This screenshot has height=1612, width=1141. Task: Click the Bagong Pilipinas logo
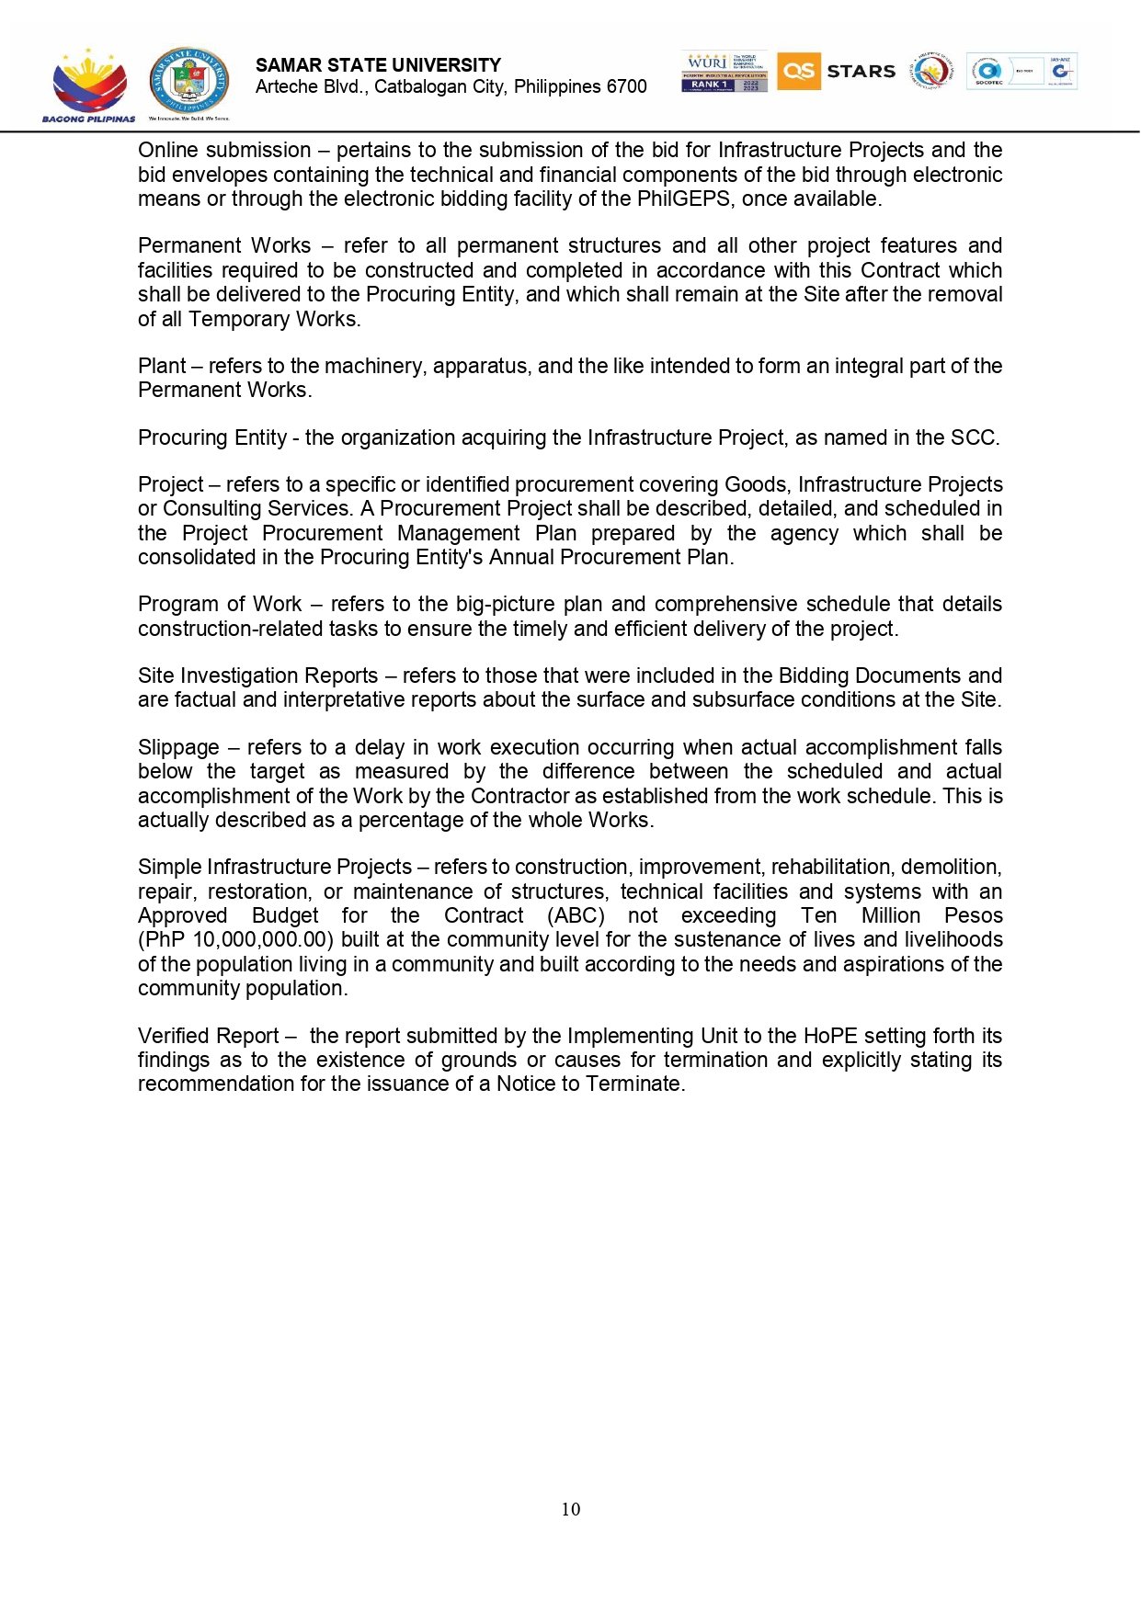pyautogui.click(x=88, y=85)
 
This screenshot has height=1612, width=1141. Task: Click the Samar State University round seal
pyautogui.click(x=189, y=83)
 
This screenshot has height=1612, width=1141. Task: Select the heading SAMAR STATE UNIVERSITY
pyautogui.click(x=378, y=65)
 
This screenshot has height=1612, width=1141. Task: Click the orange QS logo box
pyautogui.click(x=798, y=71)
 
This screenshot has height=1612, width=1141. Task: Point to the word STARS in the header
pyautogui.click(x=861, y=72)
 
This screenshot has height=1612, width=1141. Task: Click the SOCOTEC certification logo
pyautogui.click(x=988, y=72)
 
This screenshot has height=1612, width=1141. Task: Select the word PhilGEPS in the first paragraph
pyautogui.click(x=685, y=199)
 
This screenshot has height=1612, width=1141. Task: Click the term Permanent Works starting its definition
pyautogui.click(x=224, y=246)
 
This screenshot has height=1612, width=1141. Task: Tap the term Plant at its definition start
pyautogui.click(x=162, y=366)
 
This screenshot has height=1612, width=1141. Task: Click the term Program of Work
pyautogui.click(x=220, y=605)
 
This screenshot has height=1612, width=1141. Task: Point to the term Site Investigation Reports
pyautogui.click(x=257, y=676)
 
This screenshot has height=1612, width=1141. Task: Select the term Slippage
pyautogui.click(x=178, y=748)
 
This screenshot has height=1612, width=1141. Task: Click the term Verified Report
pyautogui.click(x=208, y=1037)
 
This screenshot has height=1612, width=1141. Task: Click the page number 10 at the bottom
pyautogui.click(x=570, y=1509)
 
